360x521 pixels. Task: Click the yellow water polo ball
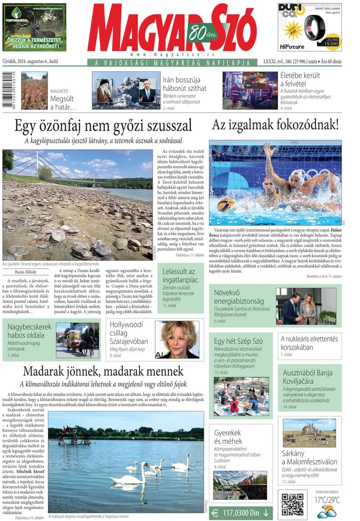pyautogui.click(x=225, y=205)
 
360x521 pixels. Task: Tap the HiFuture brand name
pyautogui.click(x=291, y=46)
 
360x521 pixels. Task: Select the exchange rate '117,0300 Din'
pyautogui.click(x=241, y=512)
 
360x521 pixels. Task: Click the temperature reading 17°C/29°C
pyautogui.click(x=327, y=500)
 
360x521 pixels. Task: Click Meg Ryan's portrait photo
pyautogui.click(x=177, y=340)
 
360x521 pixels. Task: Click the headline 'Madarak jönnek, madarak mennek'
pyautogui.click(x=103, y=371)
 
